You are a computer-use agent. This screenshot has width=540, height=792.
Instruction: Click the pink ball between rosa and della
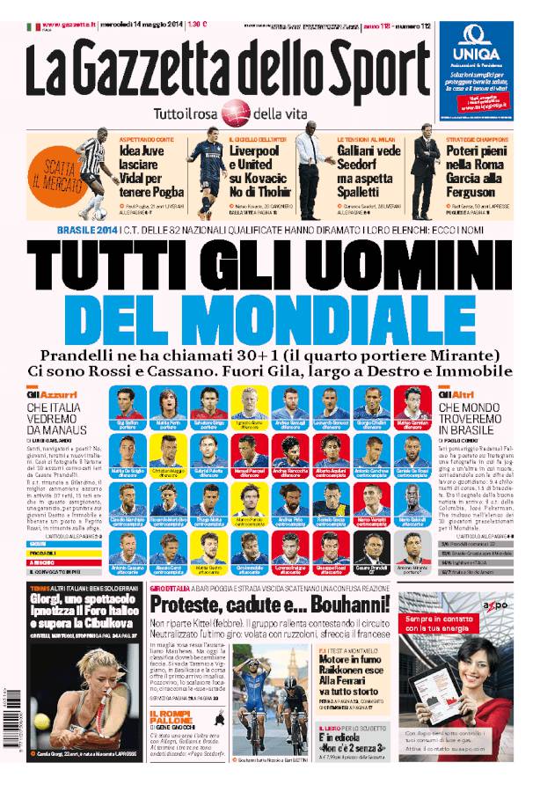click(x=235, y=112)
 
